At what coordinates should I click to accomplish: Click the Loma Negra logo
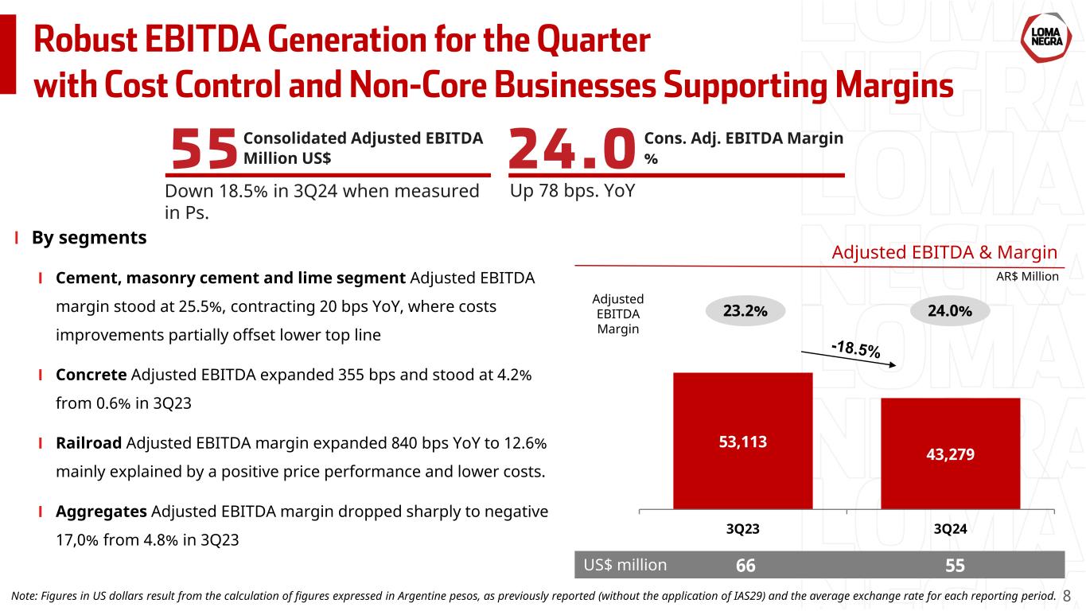(1042, 35)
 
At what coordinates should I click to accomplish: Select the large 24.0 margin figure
(571, 150)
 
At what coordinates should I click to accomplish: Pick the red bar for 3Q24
(950, 453)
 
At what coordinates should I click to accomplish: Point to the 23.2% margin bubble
(745, 311)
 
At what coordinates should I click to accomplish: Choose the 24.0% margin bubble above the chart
(949, 311)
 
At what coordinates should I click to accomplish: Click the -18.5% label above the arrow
(855, 348)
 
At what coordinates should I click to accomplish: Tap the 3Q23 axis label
(742, 529)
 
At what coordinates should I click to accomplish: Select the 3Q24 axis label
(950, 529)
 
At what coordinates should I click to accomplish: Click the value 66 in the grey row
(745, 566)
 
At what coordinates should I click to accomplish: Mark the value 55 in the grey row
(956, 566)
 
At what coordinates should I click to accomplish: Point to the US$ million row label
(625, 565)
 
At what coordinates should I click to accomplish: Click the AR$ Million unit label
(1028, 277)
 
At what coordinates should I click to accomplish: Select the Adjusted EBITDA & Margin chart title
(944, 253)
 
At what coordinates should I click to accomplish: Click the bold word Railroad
(88, 442)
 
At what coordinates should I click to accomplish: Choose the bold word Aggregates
(101, 511)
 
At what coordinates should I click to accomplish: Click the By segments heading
(89, 238)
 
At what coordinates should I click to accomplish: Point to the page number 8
(1068, 595)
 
